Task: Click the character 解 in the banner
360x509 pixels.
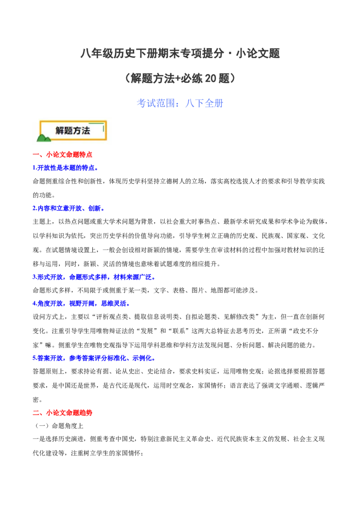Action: [x=60, y=131]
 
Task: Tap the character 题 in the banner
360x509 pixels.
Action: [x=69, y=131]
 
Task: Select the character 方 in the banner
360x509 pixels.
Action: [x=77, y=131]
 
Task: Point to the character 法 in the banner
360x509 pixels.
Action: [x=86, y=131]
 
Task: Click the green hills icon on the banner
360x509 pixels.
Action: [x=44, y=138]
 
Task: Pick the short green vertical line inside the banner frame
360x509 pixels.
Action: [x=104, y=129]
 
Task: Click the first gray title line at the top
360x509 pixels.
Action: [x=180, y=54]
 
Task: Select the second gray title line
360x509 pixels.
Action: [x=180, y=79]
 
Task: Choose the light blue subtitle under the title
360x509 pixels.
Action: [x=180, y=103]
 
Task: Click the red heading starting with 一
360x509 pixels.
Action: [x=63, y=155]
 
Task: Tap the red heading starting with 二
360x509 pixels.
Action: [x=63, y=412]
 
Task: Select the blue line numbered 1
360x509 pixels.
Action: [x=65, y=168]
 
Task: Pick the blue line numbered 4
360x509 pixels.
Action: [x=81, y=304]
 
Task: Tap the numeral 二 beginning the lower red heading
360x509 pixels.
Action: [x=36, y=412]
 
